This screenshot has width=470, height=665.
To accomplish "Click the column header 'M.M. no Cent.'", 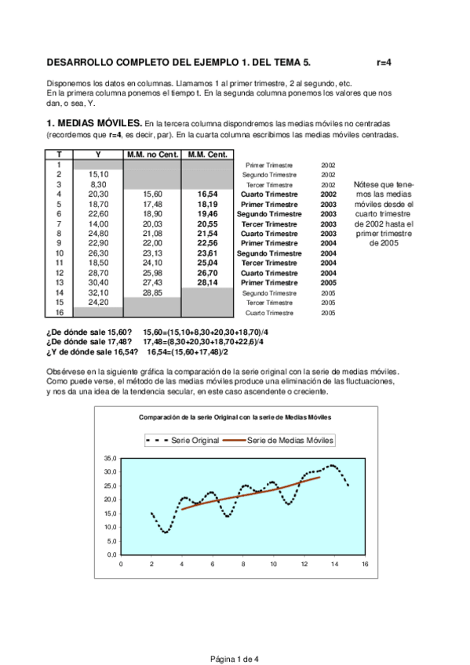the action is point(152,154).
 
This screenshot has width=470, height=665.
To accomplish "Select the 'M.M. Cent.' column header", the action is point(206,154).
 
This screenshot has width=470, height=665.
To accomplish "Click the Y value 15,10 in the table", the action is point(98,174).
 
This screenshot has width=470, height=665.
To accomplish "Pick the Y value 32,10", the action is point(98,292).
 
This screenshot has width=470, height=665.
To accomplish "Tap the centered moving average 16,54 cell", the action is point(207,194).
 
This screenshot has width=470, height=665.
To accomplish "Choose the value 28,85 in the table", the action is point(152,292).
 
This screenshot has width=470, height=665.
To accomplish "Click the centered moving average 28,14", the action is point(207,282).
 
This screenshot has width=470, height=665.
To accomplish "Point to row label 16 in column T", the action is point(60,311).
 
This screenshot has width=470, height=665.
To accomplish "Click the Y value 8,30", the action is point(98,184).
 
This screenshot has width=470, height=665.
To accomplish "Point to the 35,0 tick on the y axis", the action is point(110,458).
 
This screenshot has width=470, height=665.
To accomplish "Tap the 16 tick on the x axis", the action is point(365,563).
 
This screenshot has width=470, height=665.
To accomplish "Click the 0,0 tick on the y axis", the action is point(111,554).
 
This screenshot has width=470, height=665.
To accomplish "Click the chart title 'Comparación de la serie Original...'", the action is point(235,417).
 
